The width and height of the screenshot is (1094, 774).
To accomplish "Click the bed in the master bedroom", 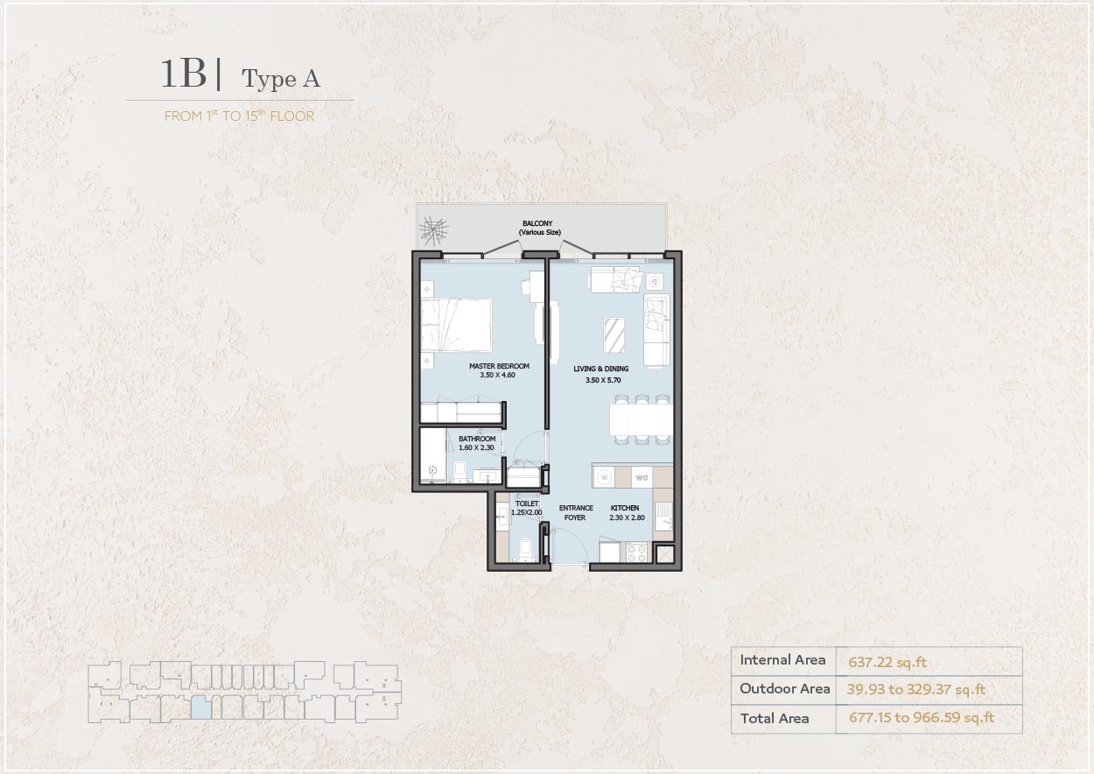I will [x=457, y=323].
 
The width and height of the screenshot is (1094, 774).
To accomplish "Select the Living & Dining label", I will [x=600, y=369].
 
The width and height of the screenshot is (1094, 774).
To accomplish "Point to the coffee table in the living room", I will [x=615, y=334].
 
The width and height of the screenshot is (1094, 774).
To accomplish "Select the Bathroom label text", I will [x=476, y=439].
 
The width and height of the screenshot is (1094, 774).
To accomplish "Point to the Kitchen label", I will [x=624, y=508].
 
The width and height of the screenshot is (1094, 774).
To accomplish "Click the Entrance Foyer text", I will [x=576, y=512].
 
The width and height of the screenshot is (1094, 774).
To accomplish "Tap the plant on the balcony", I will [x=434, y=229].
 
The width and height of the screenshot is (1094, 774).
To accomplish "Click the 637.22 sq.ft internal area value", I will [x=887, y=662].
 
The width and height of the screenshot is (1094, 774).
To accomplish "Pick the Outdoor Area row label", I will [x=784, y=689].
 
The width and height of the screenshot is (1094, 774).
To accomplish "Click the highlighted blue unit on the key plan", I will [x=200, y=707].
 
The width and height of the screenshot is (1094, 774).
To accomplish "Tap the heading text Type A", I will [x=281, y=79].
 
